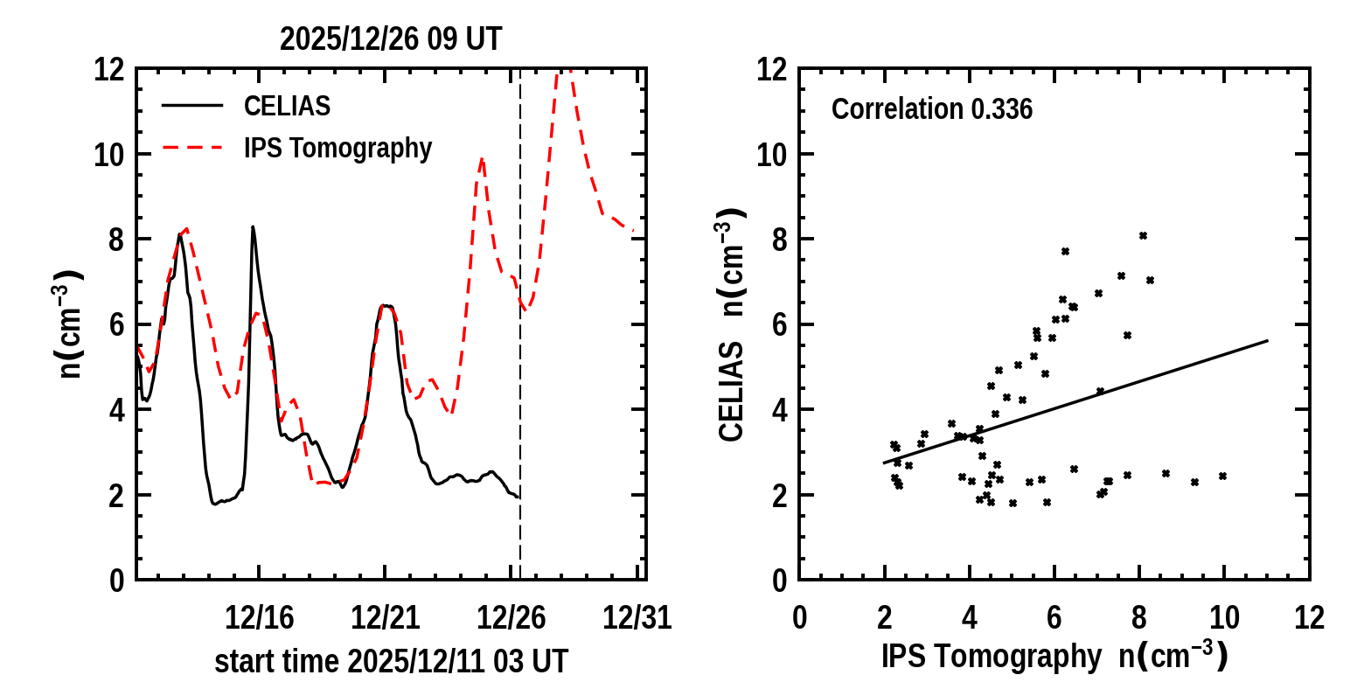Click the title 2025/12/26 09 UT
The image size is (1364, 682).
click(x=391, y=39)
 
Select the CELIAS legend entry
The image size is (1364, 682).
click(x=287, y=106)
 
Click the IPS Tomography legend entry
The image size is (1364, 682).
click(x=338, y=149)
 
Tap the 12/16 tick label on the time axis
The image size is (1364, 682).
click(x=260, y=618)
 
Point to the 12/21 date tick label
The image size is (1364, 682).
click(x=386, y=618)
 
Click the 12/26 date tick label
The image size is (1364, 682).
click(x=511, y=618)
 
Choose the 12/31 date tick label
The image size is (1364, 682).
click(x=637, y=618)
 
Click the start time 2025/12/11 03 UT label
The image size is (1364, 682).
click(x=391, y=661)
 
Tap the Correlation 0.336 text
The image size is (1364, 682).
click(x=932, y=110)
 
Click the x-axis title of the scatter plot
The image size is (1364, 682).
click(x=1054, y=656)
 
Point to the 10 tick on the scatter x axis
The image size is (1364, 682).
click(x=1224, y=618)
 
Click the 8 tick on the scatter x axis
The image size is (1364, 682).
click(x=1139, y=618)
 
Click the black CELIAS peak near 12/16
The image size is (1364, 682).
click(x=253, y=226)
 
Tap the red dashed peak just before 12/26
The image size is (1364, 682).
click(x=482, y=158)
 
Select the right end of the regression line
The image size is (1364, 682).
click(x=1267, y=340)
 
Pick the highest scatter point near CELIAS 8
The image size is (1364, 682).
click(x=1143, y=235)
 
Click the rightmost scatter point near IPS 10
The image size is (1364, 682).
click(x=1222, y=476)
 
